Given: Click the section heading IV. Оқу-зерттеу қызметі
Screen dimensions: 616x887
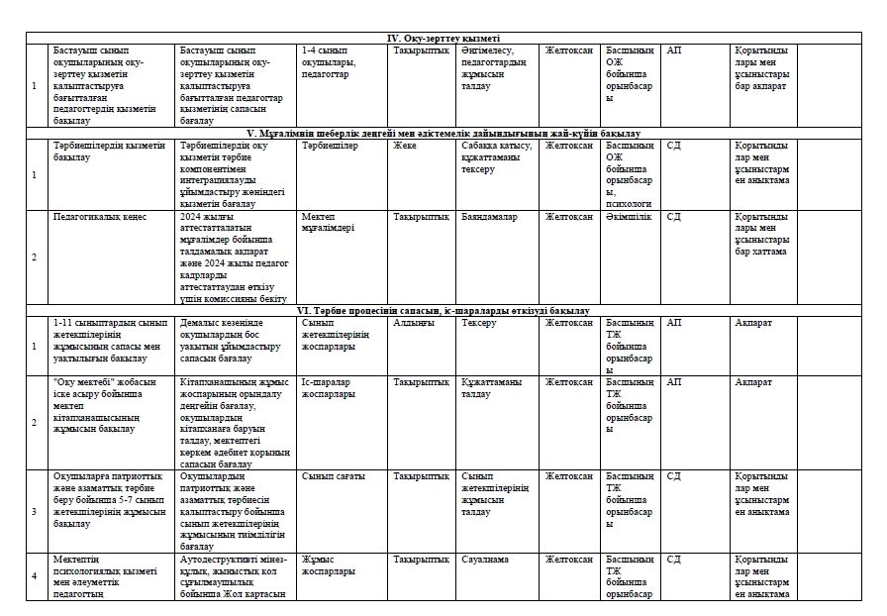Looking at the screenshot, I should [x=443, y=38].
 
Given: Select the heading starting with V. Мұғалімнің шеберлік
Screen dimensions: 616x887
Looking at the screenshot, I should [x=443, y=133].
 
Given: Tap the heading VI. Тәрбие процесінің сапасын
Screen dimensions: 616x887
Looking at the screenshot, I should [x=443, y=311].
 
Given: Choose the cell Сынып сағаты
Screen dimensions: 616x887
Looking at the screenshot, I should [x=334, y=476].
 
